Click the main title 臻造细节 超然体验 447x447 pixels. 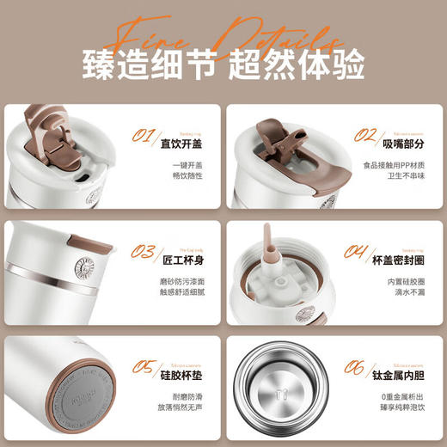click(x=223, y=64)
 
